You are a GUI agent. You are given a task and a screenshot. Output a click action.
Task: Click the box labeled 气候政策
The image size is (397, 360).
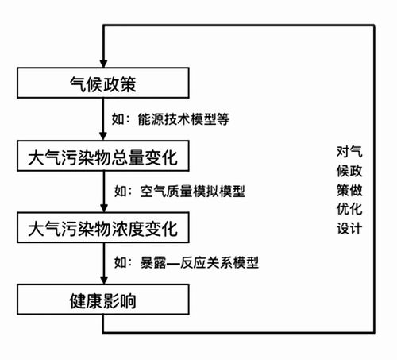pos(103,83)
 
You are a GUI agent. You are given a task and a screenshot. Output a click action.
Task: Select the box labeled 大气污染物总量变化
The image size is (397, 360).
pos(103,156)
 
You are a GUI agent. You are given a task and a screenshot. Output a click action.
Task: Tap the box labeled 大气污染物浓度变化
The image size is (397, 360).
pos(103,227)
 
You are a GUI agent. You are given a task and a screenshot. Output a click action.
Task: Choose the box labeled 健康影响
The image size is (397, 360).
pos(103,300)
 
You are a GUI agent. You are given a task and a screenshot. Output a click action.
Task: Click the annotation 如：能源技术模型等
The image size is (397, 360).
pos(171,119)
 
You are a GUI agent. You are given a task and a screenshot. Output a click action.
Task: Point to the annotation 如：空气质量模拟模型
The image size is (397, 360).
pos(179,192)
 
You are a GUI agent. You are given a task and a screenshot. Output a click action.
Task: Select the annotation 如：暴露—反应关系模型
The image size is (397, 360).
pos(187,263)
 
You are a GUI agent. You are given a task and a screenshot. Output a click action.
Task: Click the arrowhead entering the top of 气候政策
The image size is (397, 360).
pos(103,64)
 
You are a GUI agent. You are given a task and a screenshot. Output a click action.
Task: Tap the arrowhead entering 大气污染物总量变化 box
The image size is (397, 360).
pos(103,136)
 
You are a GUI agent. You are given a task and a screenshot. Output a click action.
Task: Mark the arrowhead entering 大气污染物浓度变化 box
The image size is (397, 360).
pos(104,208)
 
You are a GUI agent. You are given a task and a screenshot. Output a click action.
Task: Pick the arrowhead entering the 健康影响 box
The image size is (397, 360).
pos(104,280)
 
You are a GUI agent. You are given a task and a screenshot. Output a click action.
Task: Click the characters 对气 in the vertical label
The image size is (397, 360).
pos(349,152)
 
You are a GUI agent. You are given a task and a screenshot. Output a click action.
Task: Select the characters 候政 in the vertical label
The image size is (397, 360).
pos(349,171)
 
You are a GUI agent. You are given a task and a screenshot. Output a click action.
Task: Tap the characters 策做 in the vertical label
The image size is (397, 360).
pos(349,190)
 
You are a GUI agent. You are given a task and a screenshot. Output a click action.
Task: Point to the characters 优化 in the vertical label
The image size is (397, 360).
pos(349,209)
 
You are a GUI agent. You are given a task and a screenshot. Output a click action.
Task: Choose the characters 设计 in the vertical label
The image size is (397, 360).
pos(349,228)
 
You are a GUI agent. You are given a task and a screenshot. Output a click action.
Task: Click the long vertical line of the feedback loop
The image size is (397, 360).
pos(374,179)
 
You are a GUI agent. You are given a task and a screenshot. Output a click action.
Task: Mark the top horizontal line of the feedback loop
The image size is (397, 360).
pos(238,25)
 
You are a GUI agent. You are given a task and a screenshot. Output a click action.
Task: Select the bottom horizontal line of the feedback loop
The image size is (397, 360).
pos(238,332)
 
